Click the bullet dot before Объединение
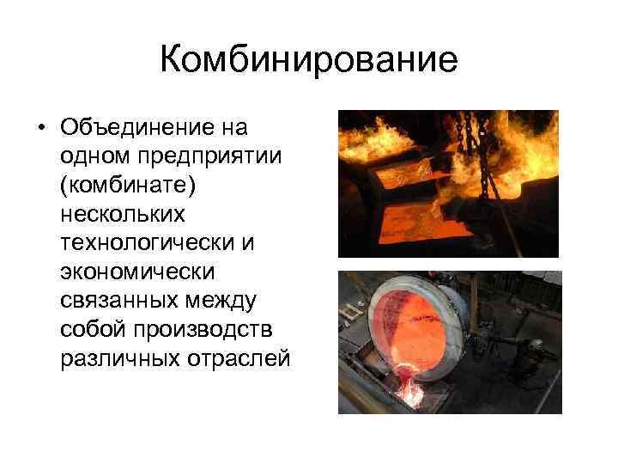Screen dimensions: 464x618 coord(40,129)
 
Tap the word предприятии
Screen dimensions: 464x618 coord(201,157)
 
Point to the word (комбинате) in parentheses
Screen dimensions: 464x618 coord(125,186)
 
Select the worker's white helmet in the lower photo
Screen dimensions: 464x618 coord(535,342)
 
